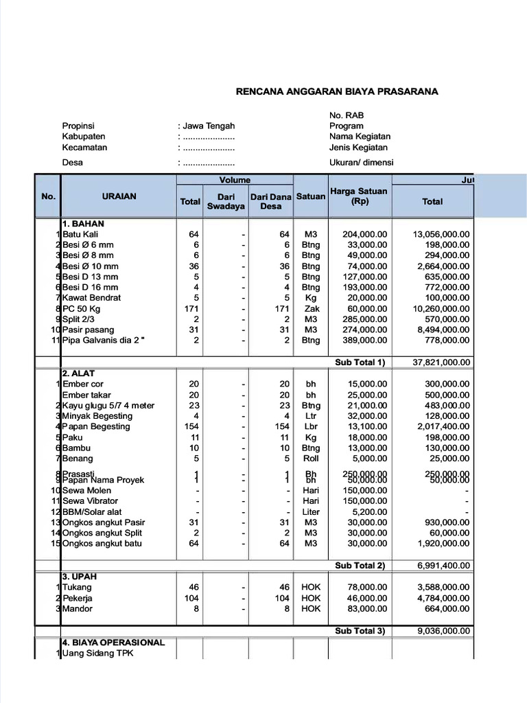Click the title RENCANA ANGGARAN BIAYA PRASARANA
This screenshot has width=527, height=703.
(x=337, y=91)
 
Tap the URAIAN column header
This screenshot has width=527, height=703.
(x=119, y=196)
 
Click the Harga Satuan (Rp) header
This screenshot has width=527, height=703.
(x=359, y=196)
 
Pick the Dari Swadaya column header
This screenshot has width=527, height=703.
(x=226, y=202)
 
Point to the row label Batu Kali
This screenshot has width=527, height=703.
(x=81, y=234)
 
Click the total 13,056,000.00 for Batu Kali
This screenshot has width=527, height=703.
(x=441, y=234)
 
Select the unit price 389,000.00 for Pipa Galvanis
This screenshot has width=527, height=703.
(x=364, y=341)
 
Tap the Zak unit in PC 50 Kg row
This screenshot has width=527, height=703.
(x=311, y=309)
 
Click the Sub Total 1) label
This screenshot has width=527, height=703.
(x=360, y=362)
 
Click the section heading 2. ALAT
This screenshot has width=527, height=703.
(x=78, y=373)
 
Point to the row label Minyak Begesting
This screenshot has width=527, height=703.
(x=97, y=416)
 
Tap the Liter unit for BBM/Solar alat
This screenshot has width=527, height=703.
(x=311, y=512)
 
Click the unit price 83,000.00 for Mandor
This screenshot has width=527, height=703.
(x=366, y=609)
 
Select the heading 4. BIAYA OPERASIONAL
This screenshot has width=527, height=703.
(x=113, y=643)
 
